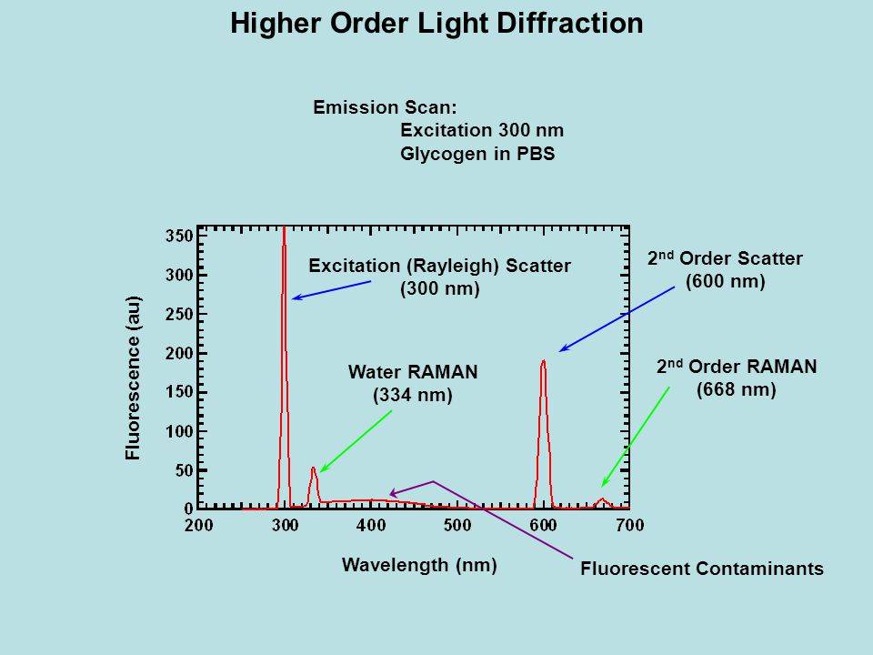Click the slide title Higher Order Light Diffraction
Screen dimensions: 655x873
point(436,23)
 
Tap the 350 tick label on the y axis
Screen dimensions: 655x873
point(178,235)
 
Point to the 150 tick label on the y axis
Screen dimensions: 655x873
point(178,391)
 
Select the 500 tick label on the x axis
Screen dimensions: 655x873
point(457,525)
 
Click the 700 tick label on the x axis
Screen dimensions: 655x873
point(629,525)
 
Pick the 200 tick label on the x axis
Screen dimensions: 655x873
point(199,525)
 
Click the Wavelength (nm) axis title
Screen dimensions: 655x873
point(419,565)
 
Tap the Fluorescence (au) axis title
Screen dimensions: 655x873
point(134,378)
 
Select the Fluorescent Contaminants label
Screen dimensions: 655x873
point(701,569)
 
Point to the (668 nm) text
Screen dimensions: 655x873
point(737,390)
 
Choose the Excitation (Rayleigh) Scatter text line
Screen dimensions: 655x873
point(440,266)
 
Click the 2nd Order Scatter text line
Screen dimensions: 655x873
point(725,259)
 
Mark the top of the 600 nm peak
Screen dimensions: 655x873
point(544,361)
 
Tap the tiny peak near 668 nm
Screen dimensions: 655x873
point(602,499)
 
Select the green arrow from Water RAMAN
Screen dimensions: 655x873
point(356,441)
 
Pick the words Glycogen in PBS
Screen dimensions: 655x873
point(477,154)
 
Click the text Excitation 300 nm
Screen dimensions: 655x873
point(482,130)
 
